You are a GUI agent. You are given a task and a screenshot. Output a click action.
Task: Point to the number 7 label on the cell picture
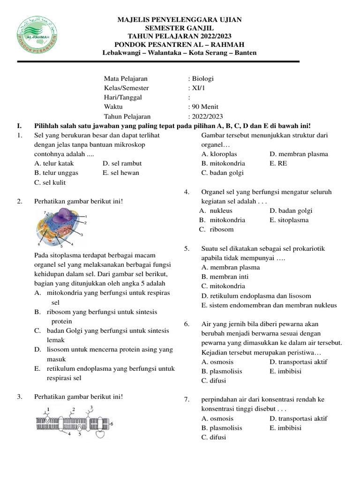pos(45,212)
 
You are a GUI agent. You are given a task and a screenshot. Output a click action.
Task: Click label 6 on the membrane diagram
pos(112,423)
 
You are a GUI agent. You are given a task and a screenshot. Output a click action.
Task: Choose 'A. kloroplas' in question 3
pos(219,154)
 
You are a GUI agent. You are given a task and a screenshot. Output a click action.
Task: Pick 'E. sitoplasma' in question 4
pos(289,220)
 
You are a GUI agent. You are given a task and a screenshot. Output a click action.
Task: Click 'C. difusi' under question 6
pos(214,381)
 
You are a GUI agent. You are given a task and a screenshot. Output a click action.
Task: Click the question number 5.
pos(186,248)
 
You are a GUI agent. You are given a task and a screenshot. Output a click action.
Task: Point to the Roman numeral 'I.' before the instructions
pos(19,126)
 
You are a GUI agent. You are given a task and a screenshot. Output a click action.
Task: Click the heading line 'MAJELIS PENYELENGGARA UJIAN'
pos(180,20)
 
